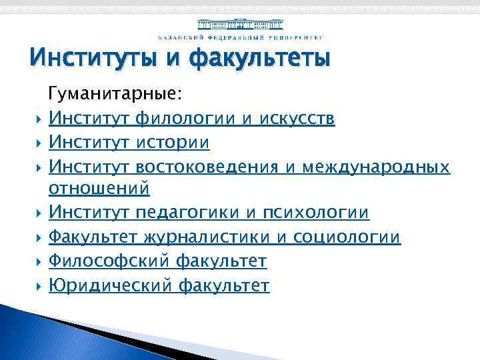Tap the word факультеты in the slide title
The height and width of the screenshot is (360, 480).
(260, 58)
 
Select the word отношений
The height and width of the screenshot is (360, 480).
(99, 189)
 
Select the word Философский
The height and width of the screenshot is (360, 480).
(110, 261)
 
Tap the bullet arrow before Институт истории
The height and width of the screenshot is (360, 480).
(37, 143)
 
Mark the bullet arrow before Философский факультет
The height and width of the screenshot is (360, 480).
(37, 262)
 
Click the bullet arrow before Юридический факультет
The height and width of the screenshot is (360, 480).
(37, 287)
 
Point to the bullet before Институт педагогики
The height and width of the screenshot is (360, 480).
(37, 214)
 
